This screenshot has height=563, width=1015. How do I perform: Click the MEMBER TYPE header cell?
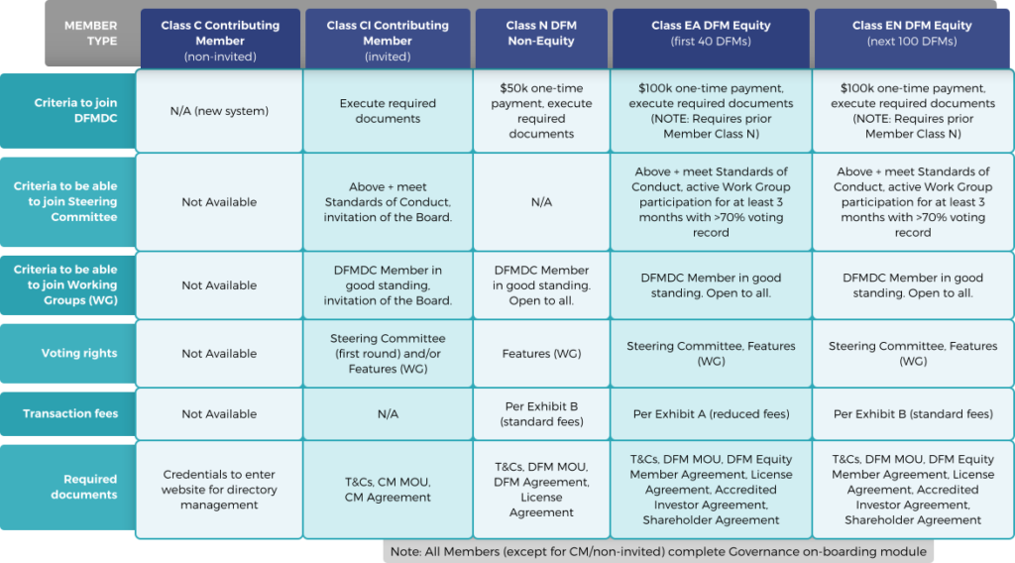click(90, 34)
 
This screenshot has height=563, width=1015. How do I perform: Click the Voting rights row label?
click(68, 353)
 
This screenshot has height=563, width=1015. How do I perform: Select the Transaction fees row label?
click(68, 413)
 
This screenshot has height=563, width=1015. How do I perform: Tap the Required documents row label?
click(68, 487)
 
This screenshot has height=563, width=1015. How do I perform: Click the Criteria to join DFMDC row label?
click(68, 111)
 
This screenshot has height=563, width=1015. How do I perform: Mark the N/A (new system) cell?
click(219, 111)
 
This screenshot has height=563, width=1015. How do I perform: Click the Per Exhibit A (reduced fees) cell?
click(711, 414)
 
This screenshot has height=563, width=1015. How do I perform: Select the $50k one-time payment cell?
click(541, 111)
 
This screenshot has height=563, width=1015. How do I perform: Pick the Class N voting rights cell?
click(541, 354)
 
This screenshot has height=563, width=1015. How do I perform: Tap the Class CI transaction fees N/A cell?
click(388, 414)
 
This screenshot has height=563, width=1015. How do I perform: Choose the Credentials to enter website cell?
click(219, 490)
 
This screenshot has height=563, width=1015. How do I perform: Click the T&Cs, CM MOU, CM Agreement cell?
click(388, 490)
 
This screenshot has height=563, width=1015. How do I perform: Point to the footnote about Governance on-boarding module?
click(658, 551)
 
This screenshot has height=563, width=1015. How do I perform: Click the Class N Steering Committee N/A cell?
click(541, 202)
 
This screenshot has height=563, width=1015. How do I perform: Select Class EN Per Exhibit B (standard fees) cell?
click(913, 414)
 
